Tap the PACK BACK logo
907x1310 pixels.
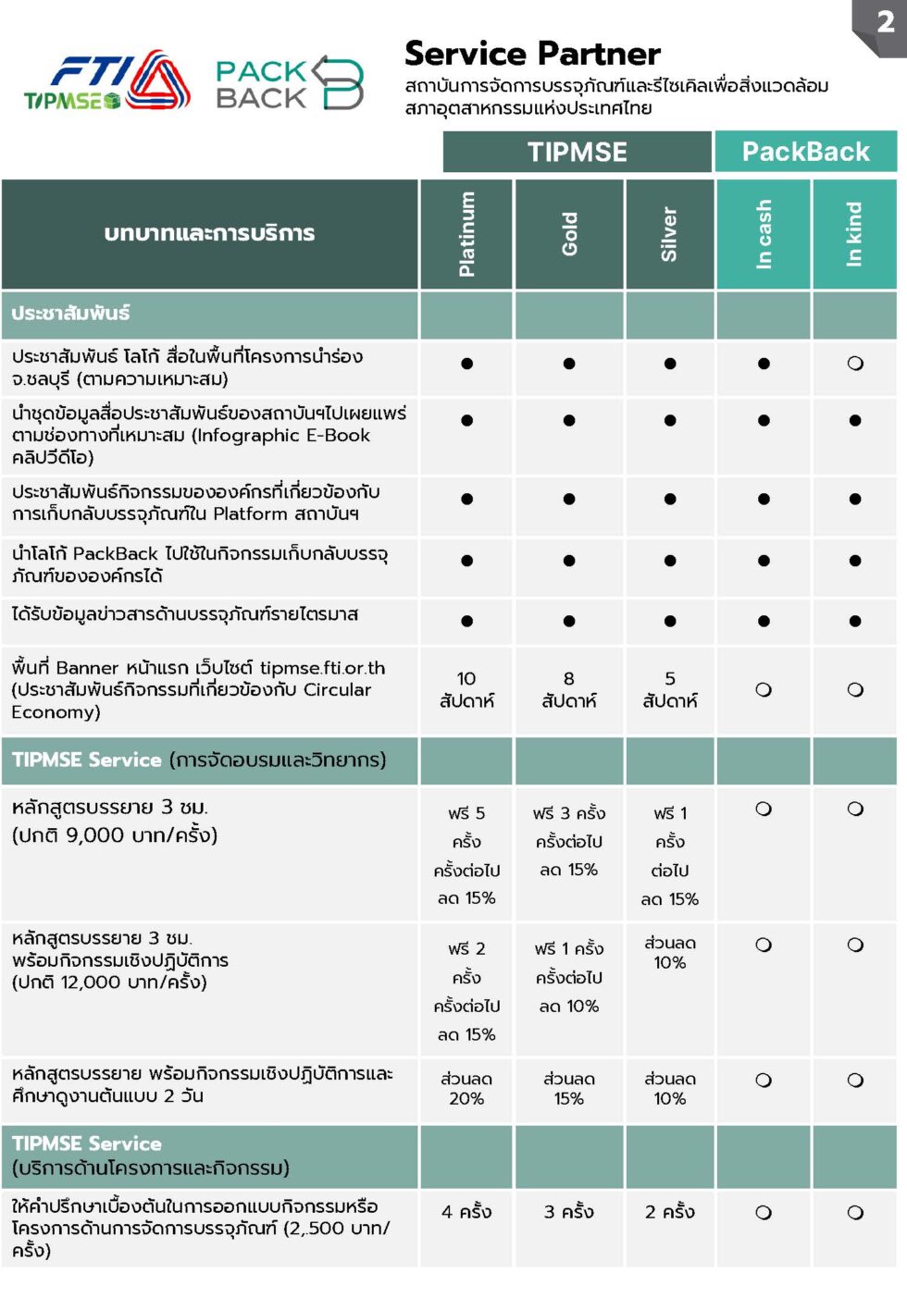point(289,83)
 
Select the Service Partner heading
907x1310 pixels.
point(532,54)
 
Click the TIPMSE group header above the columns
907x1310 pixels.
point(577,152)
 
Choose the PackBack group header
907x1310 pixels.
point(805,152)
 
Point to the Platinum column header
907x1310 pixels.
point(466,234)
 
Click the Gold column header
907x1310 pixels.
point(569,234)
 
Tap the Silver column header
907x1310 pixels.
point(669,234)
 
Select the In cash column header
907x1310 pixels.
point(764,234)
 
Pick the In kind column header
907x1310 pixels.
point(854,234)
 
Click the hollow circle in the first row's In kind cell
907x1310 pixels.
point(855,364)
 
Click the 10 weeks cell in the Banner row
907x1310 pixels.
point(466,690)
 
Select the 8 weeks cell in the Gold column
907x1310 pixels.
point(569,690)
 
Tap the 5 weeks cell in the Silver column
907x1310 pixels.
point(670,690)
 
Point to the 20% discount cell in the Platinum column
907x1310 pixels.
point(466,1089)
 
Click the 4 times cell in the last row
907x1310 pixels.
point(466,1212)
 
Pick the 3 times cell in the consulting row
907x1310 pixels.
point(569,1212)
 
